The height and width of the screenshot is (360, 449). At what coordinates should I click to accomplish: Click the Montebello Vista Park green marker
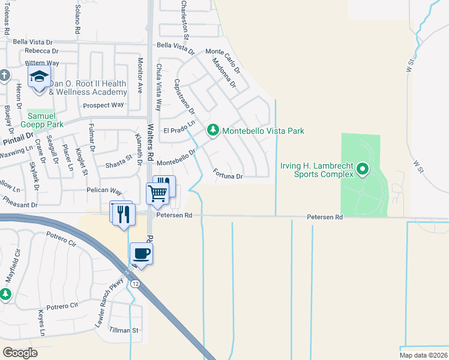(x=212, y=130)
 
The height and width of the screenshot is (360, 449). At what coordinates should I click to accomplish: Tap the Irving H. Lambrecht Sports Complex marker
(x=362, y=170)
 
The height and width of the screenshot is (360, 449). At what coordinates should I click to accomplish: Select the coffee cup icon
(x=142, y=253)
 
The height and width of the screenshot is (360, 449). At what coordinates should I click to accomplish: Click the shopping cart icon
(x=157, y=193)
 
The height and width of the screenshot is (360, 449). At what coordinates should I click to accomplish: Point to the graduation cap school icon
(x=39, y=77)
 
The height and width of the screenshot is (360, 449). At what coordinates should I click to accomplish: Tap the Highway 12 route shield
(x=137, y=284)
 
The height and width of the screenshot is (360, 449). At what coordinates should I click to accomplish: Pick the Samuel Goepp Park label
(x=46, y=120)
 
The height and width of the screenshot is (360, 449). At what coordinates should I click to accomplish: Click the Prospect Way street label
(x=103, y=105)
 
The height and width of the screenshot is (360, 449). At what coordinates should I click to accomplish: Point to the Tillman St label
(x=124, y=330)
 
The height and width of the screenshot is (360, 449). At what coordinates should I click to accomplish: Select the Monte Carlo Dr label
(x=223, y=61)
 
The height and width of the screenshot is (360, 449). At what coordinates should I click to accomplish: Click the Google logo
(x=20, y=353)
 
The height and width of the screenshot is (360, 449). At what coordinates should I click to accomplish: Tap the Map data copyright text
(x=423, y=355)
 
